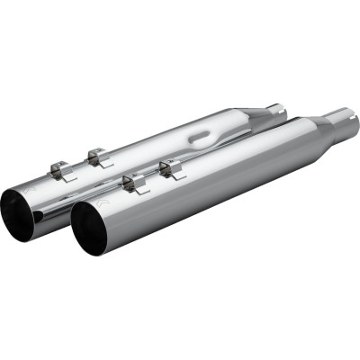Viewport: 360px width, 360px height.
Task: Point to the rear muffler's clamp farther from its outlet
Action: (97, 155)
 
